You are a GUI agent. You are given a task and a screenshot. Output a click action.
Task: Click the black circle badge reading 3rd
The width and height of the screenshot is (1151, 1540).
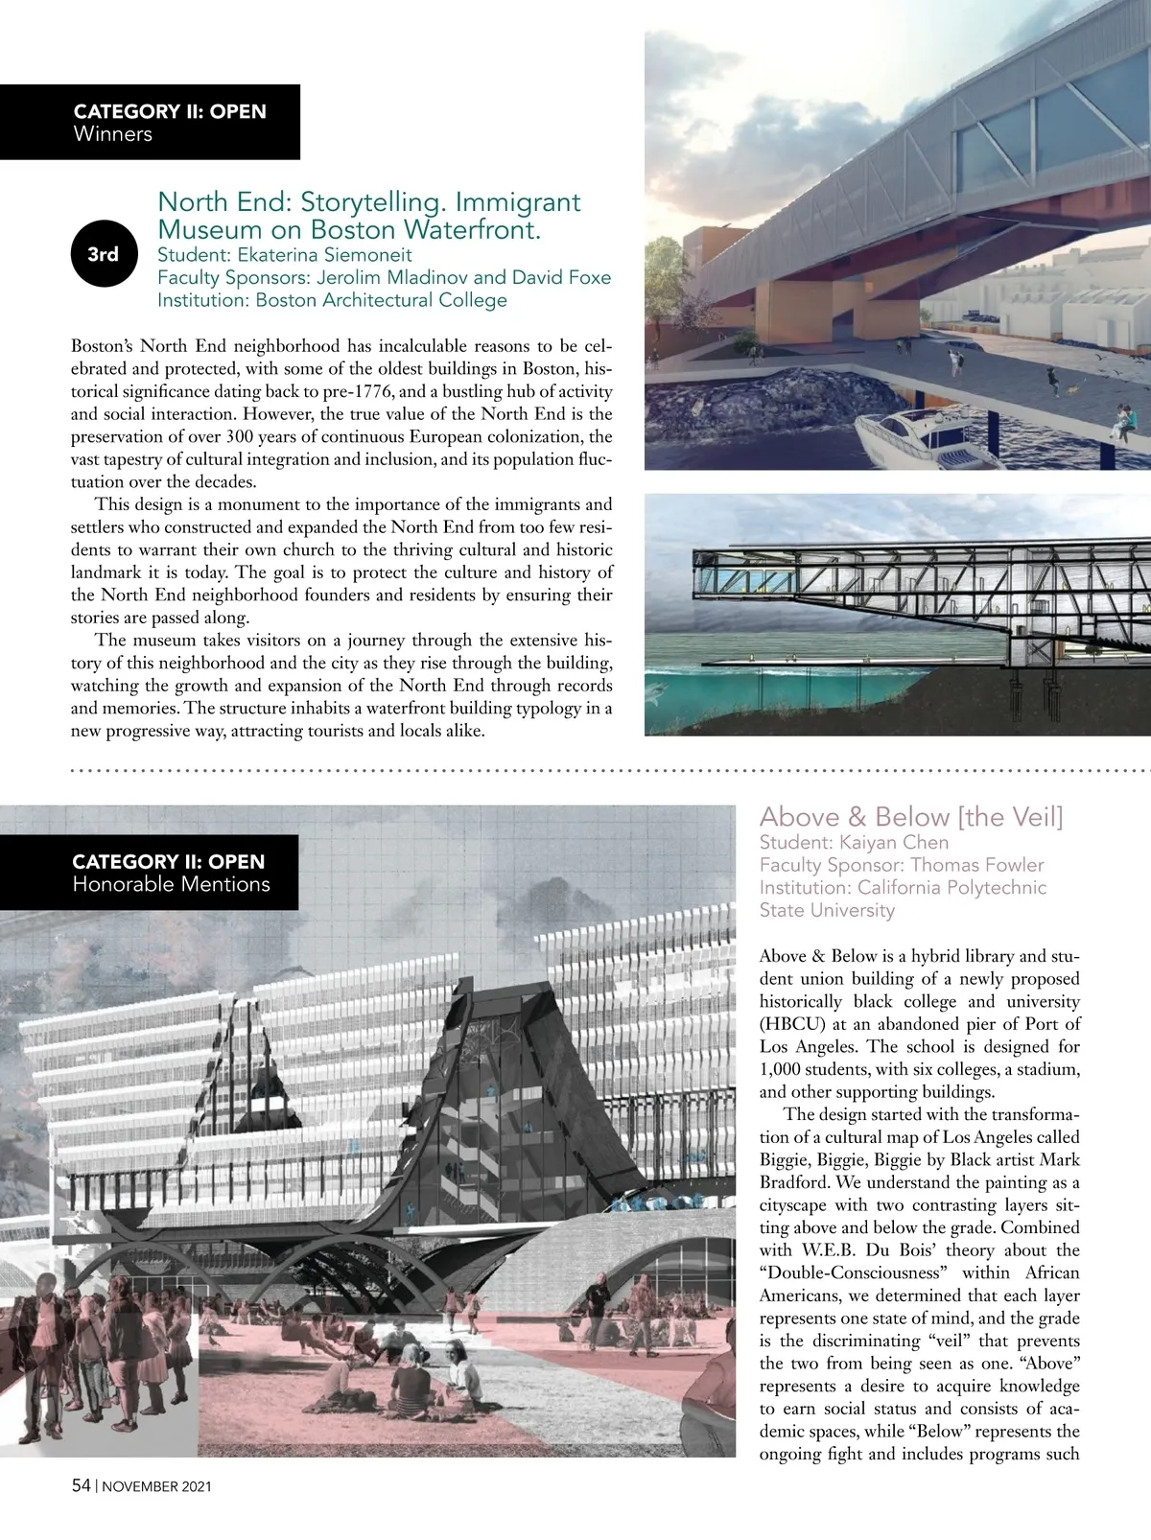pos(103,254)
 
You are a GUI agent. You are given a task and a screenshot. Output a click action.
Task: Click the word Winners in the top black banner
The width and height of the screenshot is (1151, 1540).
pos(112,134)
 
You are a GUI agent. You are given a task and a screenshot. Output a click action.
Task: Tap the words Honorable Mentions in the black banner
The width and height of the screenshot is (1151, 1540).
pos(171,884)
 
